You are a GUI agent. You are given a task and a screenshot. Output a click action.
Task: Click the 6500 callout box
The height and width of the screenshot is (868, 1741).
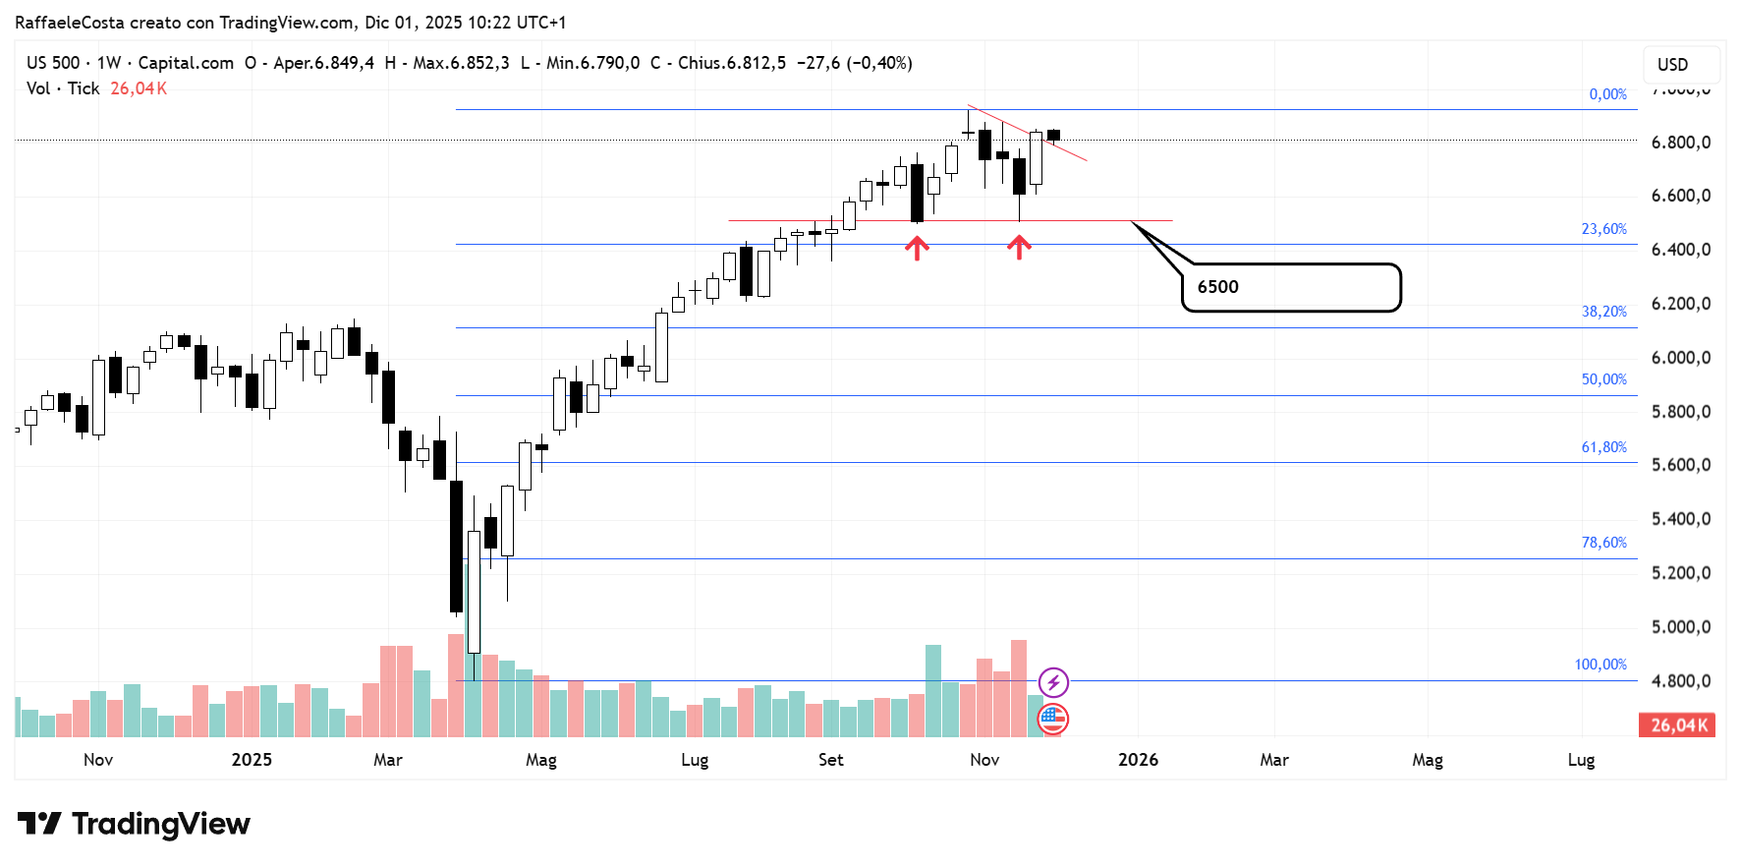[x=1290, y=287]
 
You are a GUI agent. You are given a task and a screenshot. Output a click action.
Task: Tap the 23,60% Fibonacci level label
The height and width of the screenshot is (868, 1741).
[x=1603, y=229]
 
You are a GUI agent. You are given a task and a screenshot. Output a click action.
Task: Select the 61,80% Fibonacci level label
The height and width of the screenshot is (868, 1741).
[x=1603, y=447]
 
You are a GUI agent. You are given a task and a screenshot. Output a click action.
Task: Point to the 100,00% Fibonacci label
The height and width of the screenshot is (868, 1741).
[x=1601, y=665]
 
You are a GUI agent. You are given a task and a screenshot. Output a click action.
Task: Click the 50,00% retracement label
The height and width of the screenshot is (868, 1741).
[x=1603, y=379]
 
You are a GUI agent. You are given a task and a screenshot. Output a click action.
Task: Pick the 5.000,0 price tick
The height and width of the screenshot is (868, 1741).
[x=1681, y=627]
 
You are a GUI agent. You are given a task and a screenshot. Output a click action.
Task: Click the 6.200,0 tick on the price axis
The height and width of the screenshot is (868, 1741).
[x=1681, y=304]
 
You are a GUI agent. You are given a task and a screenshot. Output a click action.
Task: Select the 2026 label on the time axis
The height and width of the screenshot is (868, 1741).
[x=1138, y=760]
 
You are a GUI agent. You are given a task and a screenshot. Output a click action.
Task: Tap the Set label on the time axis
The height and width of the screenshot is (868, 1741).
[x=830, y=760]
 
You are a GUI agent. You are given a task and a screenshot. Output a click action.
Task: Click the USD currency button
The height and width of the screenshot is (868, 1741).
[x=1672, y=65]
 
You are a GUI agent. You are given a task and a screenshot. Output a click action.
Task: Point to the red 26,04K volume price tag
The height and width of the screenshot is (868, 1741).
[x=1677, y=725]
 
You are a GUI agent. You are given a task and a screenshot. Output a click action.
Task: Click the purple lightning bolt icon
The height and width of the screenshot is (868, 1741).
[x=1053, y=681]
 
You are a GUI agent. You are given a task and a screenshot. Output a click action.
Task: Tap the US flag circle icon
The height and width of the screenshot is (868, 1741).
[x=1052, y=720]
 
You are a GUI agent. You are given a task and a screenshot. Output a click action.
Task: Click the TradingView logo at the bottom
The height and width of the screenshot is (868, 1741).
[x=134, y=824]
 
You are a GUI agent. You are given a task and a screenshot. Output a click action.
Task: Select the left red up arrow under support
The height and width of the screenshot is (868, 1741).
[x=917, y=248]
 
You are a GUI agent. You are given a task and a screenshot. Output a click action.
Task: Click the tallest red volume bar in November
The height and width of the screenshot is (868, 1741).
[x=1019, y=688]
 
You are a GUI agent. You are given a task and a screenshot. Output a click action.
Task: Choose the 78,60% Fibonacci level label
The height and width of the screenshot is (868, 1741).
[x=1603, y=543]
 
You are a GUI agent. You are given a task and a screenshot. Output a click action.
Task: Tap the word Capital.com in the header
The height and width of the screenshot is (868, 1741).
[x=186, y=63]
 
